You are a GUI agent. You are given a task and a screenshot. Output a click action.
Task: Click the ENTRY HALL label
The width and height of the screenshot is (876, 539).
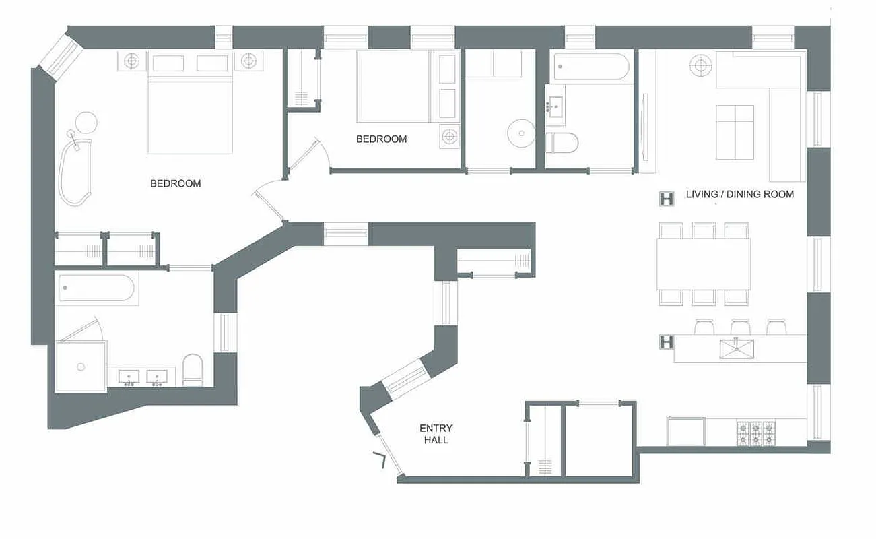point(436,434)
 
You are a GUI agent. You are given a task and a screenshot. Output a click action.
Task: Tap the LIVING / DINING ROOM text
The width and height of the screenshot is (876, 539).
point(739,194)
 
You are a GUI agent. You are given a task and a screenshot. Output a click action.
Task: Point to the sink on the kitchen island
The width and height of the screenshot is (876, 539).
point(736,349)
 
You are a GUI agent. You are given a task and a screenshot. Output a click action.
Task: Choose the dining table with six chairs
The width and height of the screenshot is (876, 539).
point(704,263)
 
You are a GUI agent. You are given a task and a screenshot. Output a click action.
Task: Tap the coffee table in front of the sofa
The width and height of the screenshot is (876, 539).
point(735,132)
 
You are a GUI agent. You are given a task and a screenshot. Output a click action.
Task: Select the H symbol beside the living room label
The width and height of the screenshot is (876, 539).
point(667,199)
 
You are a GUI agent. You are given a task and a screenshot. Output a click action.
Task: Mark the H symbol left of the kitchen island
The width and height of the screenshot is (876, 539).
point(666,342)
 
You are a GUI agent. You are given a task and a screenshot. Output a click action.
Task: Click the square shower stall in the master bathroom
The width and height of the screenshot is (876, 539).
point(81,366)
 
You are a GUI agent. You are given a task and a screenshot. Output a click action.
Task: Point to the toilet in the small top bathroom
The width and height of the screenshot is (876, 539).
point(562,142)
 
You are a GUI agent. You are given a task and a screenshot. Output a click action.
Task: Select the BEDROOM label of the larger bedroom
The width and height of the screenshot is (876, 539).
point(175,183)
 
